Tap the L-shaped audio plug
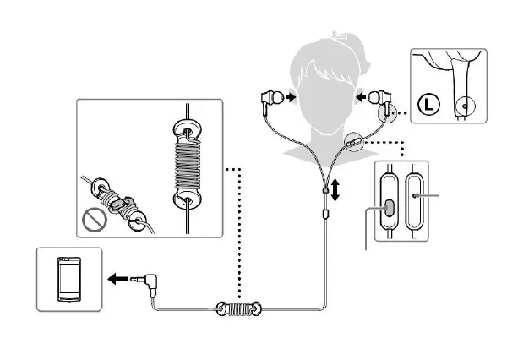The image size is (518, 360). pos(151,279)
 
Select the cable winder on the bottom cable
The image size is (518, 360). pos(239,309)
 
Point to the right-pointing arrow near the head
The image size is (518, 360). pos(291,98)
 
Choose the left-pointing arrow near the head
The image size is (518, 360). pos(368,98)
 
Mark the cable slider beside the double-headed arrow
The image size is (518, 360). pos(325,194)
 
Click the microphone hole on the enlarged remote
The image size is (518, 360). pos(417,194)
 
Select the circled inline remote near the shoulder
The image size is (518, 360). pos(353,139)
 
